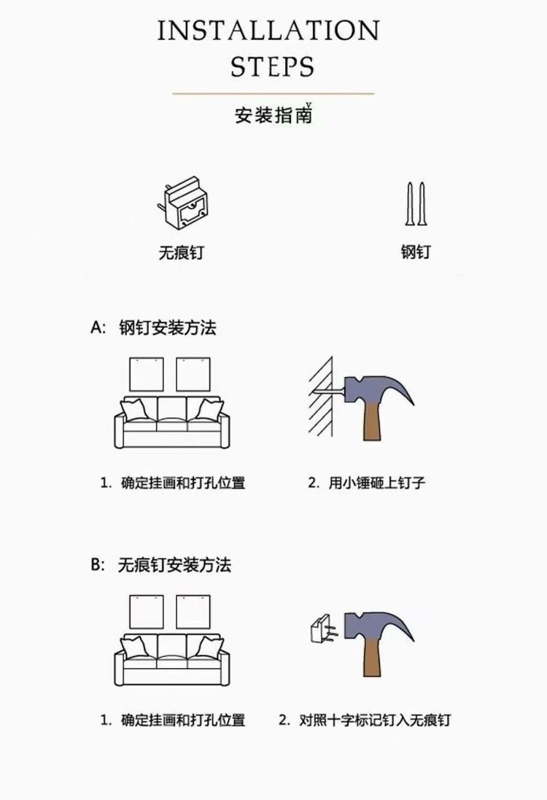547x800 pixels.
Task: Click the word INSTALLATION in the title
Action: tap(268, 31)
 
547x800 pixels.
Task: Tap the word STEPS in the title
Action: tap(272, 66)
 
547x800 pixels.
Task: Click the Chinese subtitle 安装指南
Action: tap(273, 115)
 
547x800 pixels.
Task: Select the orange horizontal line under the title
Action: tap(273, 93)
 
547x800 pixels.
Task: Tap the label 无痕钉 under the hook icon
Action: tap(181, 253)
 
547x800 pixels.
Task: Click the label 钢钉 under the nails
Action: tap(415, 252)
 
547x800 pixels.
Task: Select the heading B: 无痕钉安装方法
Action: tap(160, 565)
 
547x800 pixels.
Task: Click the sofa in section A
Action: tap(171, 423)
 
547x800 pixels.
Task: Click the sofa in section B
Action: tap(171, 659)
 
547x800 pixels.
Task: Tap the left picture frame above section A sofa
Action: tap(146, 374)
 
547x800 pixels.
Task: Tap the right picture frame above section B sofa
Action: tap(193, 612)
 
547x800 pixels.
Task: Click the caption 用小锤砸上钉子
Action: tap(366, 483)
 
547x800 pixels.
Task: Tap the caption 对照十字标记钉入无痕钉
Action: tap(365, 721)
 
